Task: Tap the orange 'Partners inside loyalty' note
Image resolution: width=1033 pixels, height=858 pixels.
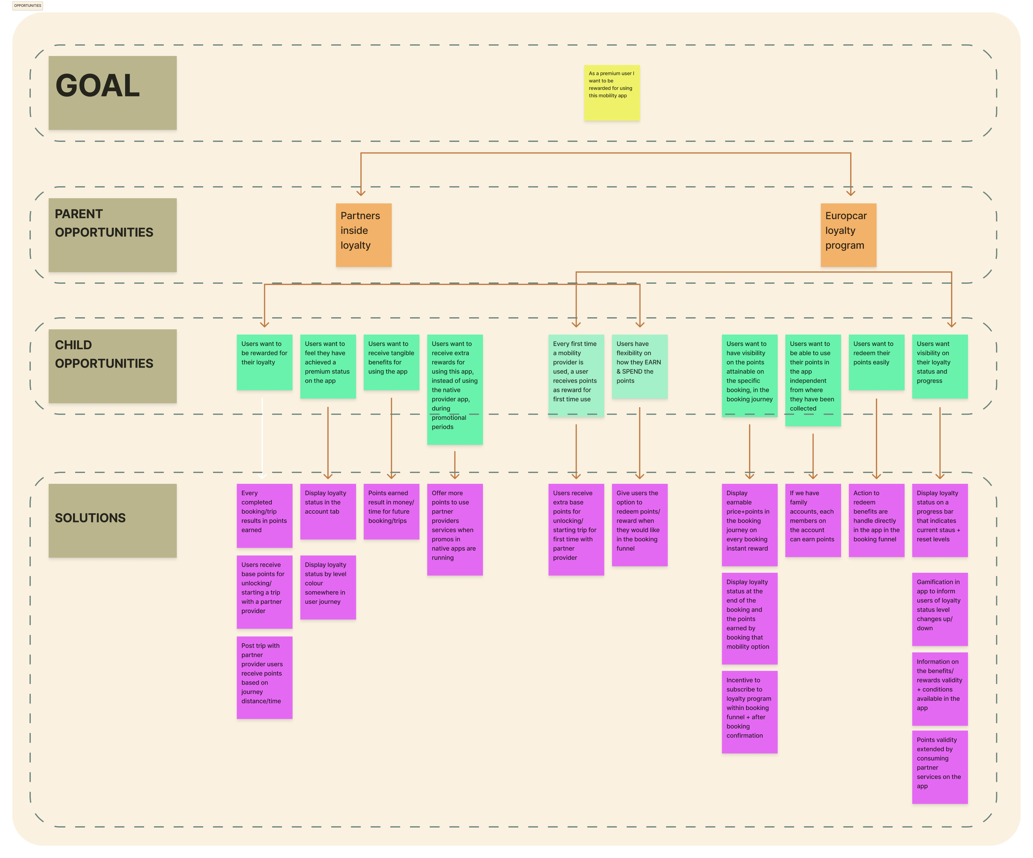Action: (363, 235)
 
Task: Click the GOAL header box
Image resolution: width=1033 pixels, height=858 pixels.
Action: (113, 93)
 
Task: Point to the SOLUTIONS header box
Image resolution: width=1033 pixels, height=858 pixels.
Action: (113, 520)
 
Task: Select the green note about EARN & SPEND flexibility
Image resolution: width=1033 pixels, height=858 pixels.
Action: (640, 367)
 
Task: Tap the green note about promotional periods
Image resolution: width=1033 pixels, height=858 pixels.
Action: (455, 390)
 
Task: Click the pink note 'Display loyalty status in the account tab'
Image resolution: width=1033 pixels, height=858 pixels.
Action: (328, 512)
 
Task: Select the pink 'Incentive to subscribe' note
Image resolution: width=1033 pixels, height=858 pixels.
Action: (750, 712)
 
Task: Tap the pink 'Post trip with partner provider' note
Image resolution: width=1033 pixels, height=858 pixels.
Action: (265, 678)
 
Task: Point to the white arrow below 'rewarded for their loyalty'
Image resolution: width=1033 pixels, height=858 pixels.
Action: (262, 438)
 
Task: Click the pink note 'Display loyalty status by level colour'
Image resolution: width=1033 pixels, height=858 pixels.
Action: (328, 587)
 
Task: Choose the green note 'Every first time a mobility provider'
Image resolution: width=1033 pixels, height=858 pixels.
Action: (576, 376)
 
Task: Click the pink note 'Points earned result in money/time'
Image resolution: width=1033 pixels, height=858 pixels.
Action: (392, 512)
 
